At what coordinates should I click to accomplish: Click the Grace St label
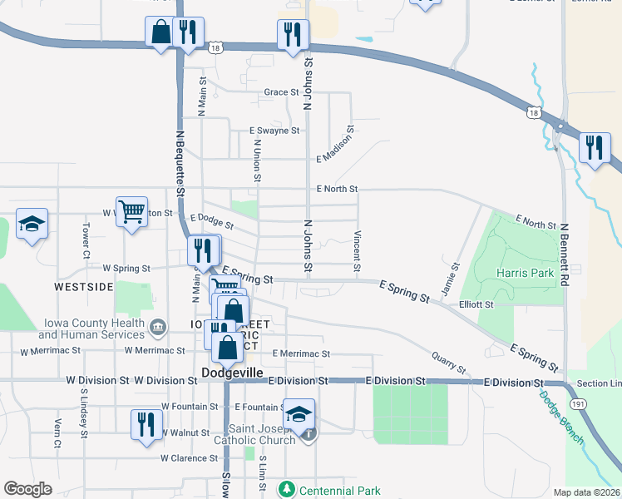[281, 92]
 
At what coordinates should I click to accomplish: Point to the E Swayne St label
[274, 131]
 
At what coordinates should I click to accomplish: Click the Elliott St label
[476, 305]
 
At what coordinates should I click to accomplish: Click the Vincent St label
[357, 251]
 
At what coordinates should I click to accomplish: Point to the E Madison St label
[335, 142]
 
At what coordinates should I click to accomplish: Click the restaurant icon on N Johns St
[292, 35]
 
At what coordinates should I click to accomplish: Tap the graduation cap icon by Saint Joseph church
[299, 415]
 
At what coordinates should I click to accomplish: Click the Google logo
[27, 489]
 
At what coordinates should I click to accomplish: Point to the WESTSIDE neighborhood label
[84, 287]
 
